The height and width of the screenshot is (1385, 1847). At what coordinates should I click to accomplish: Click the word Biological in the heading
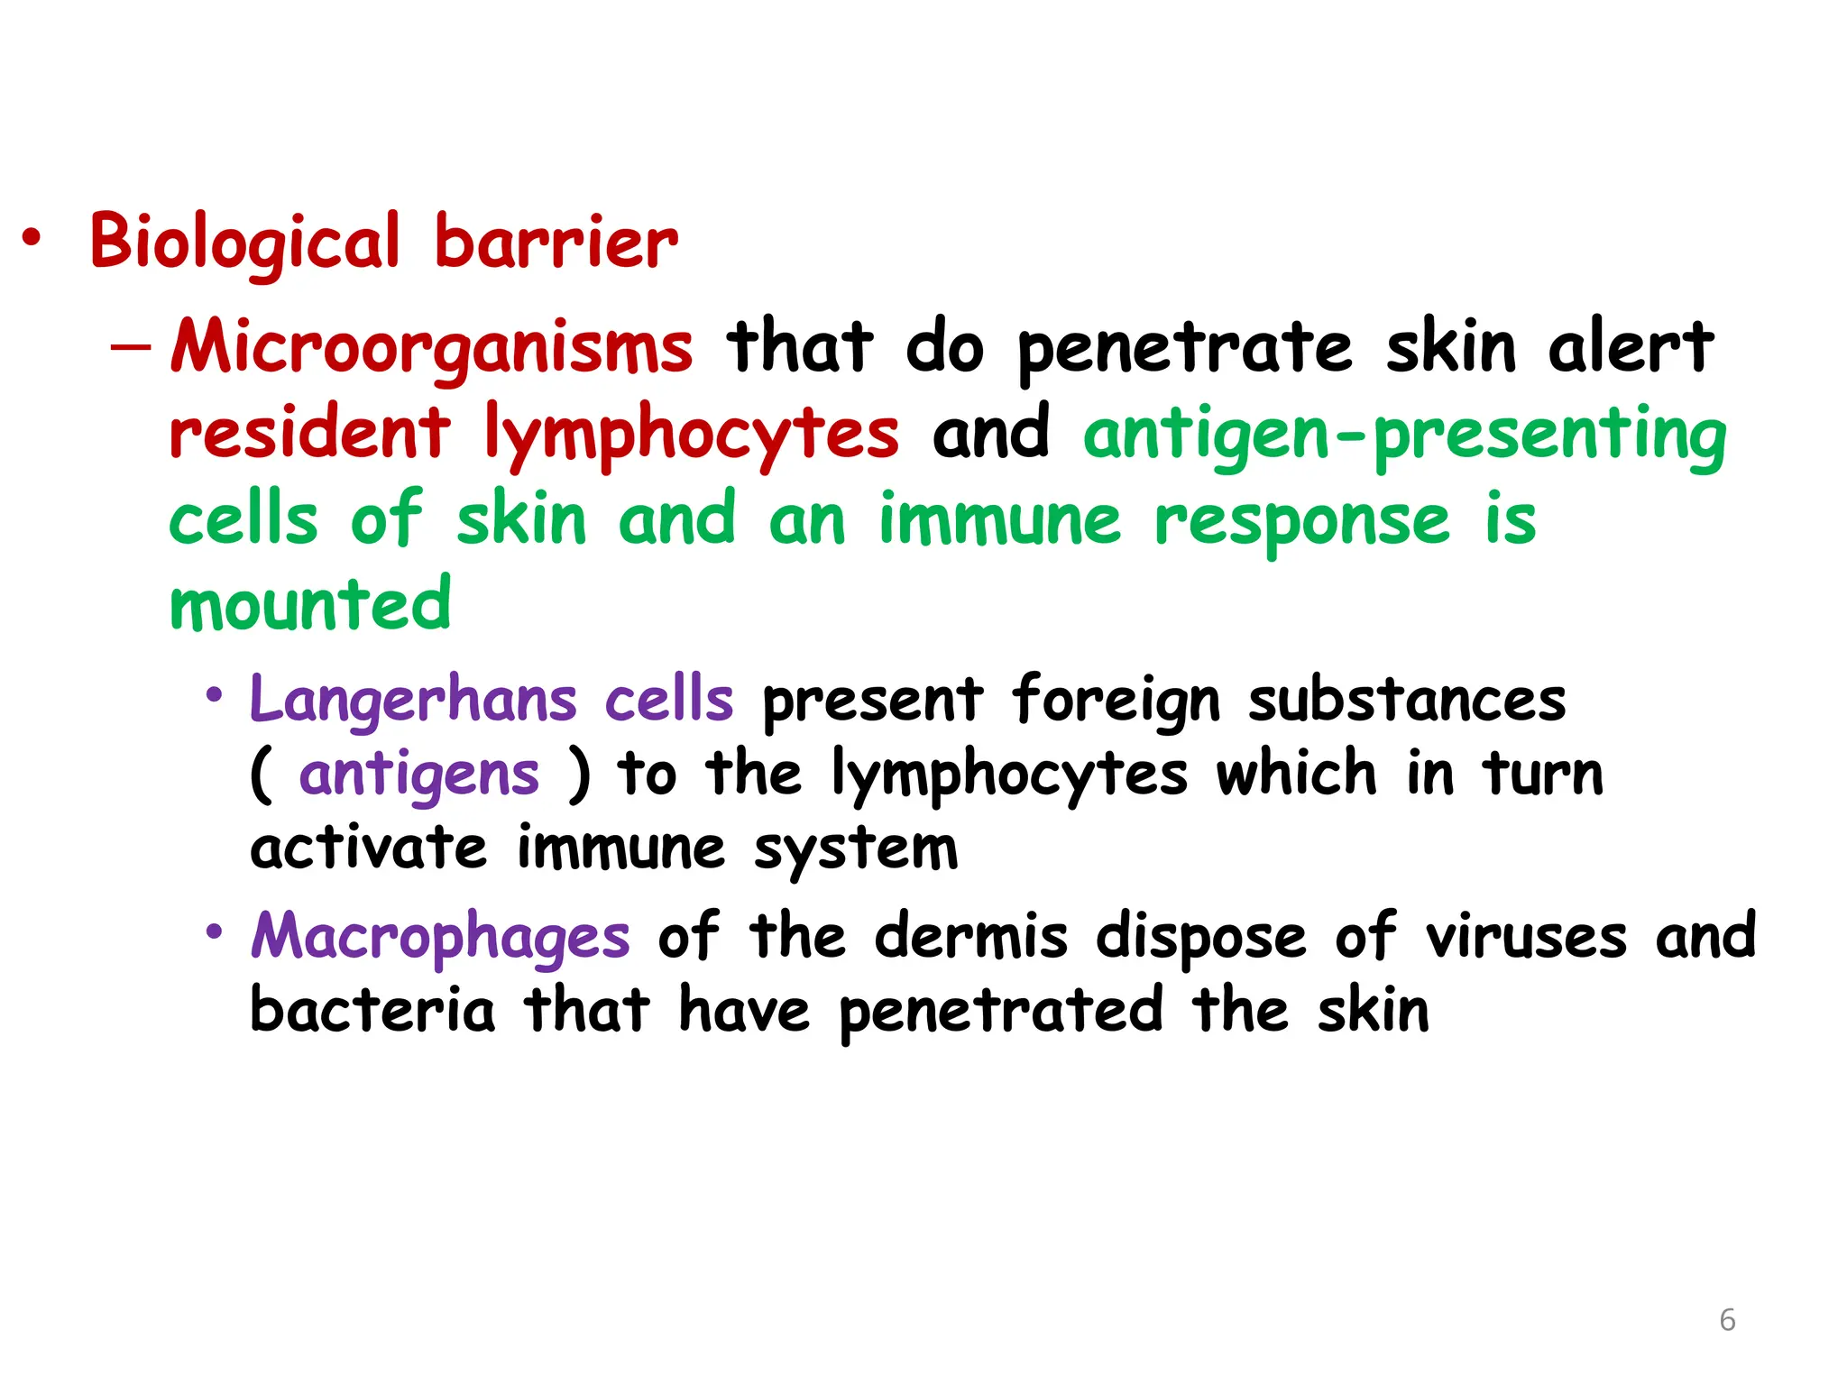point(244,242)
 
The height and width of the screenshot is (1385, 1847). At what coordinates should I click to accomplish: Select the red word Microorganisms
point(432,347)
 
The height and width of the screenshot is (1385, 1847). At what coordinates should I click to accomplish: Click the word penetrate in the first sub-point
point(1185,350)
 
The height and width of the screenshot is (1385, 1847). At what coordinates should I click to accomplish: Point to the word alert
point(1631,347)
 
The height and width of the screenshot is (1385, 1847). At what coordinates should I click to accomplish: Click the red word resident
point(309,433)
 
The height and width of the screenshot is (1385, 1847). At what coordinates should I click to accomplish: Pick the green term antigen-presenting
point(1404,435)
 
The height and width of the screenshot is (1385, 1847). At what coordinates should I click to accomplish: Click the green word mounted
point(310,605)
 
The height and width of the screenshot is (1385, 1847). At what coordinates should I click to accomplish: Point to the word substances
point(1407,701)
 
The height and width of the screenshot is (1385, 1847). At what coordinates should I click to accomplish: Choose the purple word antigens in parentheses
point(419,775)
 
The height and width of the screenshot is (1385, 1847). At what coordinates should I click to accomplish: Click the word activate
point(368,848)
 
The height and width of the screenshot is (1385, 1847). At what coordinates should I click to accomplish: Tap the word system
point(856,850)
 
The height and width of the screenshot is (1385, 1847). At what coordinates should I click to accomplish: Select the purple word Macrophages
point(440,938)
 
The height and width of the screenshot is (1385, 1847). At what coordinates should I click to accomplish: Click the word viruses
point(1526,937)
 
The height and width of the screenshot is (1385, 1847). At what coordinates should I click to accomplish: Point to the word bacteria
point(372,1010)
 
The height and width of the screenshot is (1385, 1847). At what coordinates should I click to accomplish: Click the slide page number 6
point(1727,1320)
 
